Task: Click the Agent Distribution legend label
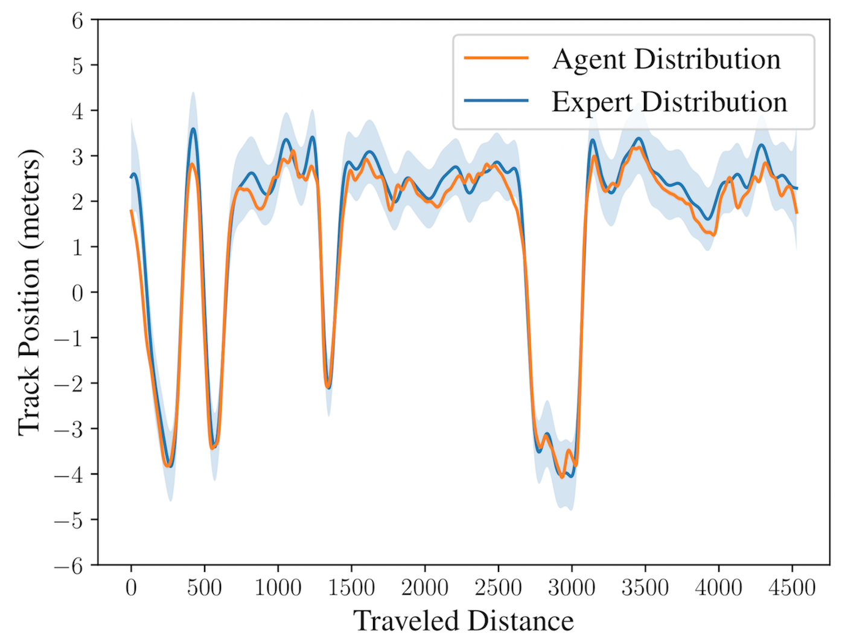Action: pyautogui.click(x=666, y=60)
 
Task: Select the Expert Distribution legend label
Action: pyautogui.click(x=669, y=103)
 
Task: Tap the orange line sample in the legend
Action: pyautogui.click(x=496, y=58)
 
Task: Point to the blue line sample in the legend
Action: pyautogui.click(x=496, y=101)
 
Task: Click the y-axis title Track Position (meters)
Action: pyautogui.click(x=29, y=292)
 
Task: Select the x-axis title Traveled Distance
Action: pyautogui.click(x=464, y=621)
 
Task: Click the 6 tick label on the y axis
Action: pyautogui.click(x=77, y=21)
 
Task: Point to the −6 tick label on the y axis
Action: pyautogui.click(x=69, y=566)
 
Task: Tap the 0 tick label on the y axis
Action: pyautogui.click(x=77, y=293)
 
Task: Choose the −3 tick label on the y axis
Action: pyautogui.click(x=69, y=430)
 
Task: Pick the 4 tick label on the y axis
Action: pyautogui.click(x=77, y=111)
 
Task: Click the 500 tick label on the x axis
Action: pyautogui.click(x=205, y=588)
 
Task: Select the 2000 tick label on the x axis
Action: pyautogui.click(x=425, y=588)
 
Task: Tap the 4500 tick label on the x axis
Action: pyautogui.click(x=792, y=588)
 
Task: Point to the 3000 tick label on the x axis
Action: pyautogui.click(x=572, y=588)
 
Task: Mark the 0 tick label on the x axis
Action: pyautogui.click(x=131, y=588)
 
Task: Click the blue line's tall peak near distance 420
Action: pyautogui.click(x=193, y=129)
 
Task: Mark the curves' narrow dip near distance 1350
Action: pyautogui.click(x=328, y=388)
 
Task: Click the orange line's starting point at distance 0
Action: pyautogui.click(x=131, y=210)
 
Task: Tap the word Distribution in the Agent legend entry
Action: pyautogui.click(x=707, y=59)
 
